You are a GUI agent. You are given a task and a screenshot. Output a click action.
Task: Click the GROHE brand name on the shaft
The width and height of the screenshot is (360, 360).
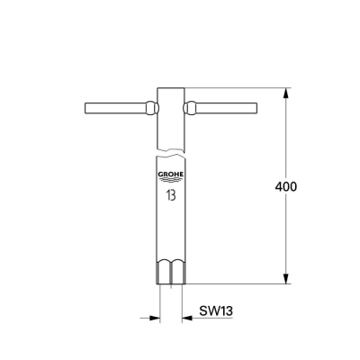click(170, 176)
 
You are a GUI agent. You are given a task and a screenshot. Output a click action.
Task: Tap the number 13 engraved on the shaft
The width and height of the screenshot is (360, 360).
click(170, 193)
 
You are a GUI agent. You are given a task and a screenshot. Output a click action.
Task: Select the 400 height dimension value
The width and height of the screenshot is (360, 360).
click(285, 186)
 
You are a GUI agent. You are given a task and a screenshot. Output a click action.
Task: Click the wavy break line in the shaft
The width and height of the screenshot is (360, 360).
click(170, 148)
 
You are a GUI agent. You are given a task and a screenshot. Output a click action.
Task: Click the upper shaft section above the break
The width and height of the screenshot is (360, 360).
click(170, 117)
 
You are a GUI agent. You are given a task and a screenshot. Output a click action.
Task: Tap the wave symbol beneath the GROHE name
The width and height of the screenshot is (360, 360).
click(170, 183)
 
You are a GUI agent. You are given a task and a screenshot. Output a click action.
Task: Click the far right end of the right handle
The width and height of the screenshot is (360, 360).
click(255, 109)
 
